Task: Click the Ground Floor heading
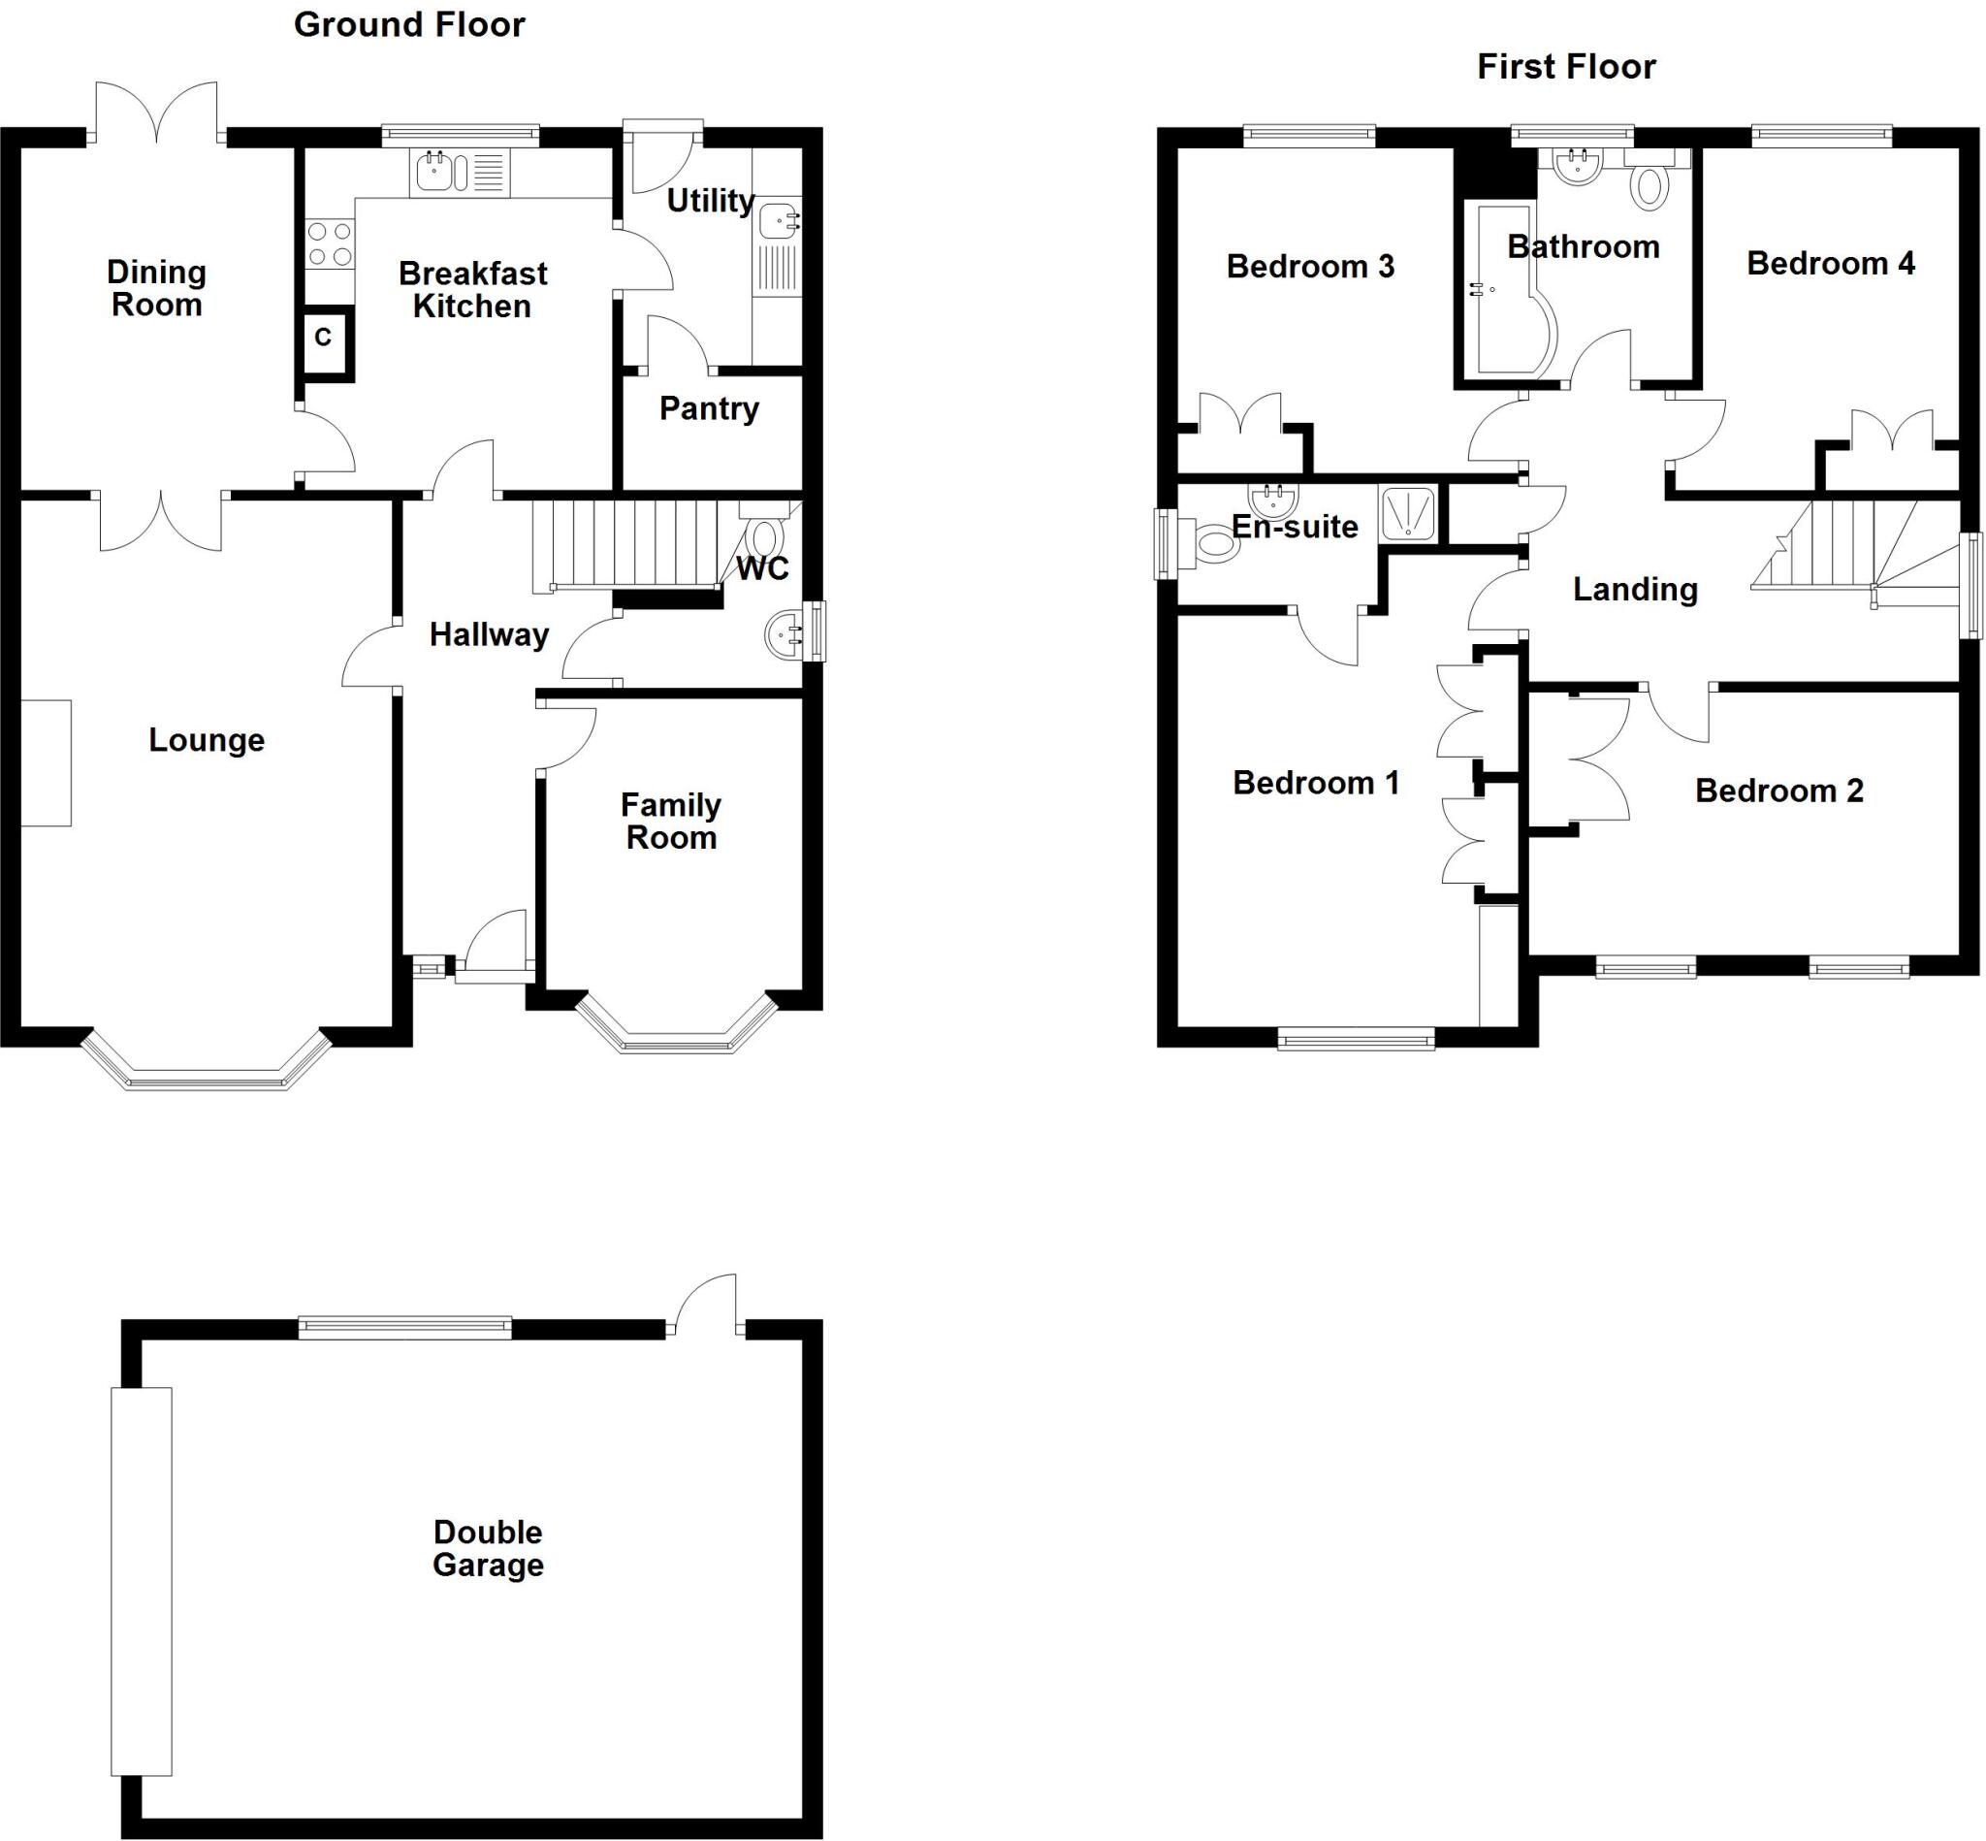point(409,25)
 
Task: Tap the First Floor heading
point(1566,67)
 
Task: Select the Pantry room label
point(709,408)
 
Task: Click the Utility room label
point(710,200)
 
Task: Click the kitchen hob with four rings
point(330,244)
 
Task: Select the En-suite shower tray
point(1407,514)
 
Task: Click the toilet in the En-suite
point(1214,544)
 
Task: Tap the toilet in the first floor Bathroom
point(1650,185)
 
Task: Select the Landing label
point(1634,589)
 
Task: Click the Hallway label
point(489,634)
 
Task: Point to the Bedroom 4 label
point(1831,263)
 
